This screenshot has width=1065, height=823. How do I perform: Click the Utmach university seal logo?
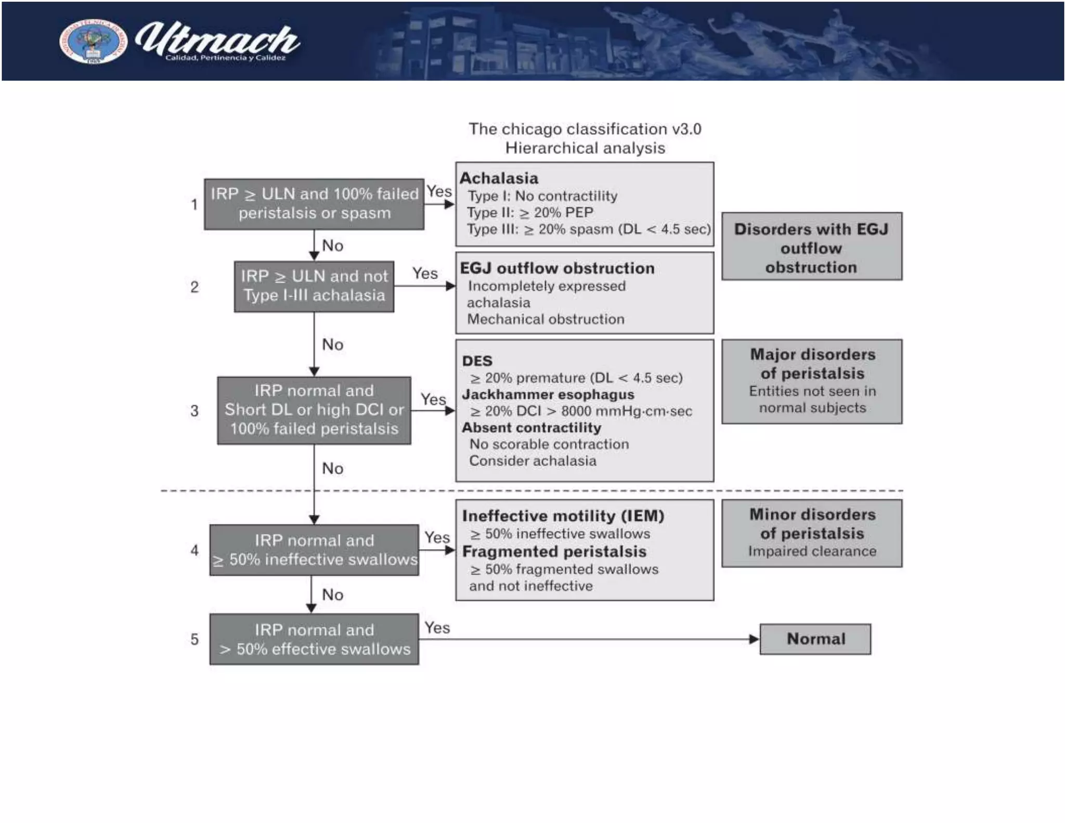tap(93, 42)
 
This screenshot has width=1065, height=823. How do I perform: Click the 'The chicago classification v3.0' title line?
tap(585, 129)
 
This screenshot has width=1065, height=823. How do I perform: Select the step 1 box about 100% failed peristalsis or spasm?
tap(314, 203)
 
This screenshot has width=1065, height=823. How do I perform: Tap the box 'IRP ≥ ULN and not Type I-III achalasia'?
tap(314, 286)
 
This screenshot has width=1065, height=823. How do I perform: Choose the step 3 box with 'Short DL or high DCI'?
tap(314, 410)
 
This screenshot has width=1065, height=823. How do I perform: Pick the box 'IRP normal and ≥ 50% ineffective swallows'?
tap(314, 550)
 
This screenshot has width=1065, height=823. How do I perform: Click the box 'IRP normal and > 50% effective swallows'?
tap(314, 639)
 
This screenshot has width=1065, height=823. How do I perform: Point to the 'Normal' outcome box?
tap(815, 639)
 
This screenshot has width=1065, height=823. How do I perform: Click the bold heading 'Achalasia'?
tap(499, 178)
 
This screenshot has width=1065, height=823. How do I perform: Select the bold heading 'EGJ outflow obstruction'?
tap(557, 268)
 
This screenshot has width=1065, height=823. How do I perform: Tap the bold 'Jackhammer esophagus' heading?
tap(548, 394)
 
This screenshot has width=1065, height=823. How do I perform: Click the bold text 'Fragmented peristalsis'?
tap(554, 551)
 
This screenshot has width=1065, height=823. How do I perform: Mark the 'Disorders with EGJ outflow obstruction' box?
tap(811, 247)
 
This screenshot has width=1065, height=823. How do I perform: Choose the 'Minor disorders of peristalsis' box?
tap(811, 533)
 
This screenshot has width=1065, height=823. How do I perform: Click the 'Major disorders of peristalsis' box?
tap(811, 381)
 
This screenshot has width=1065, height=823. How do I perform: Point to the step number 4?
tap(194, 550)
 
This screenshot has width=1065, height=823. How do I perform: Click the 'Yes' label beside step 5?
tap(437, 628)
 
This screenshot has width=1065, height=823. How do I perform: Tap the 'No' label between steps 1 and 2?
tap(332, 246)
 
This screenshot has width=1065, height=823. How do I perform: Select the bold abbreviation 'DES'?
tap(477, 361)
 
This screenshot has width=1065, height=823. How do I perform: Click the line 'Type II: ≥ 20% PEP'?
tap(529, 213)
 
